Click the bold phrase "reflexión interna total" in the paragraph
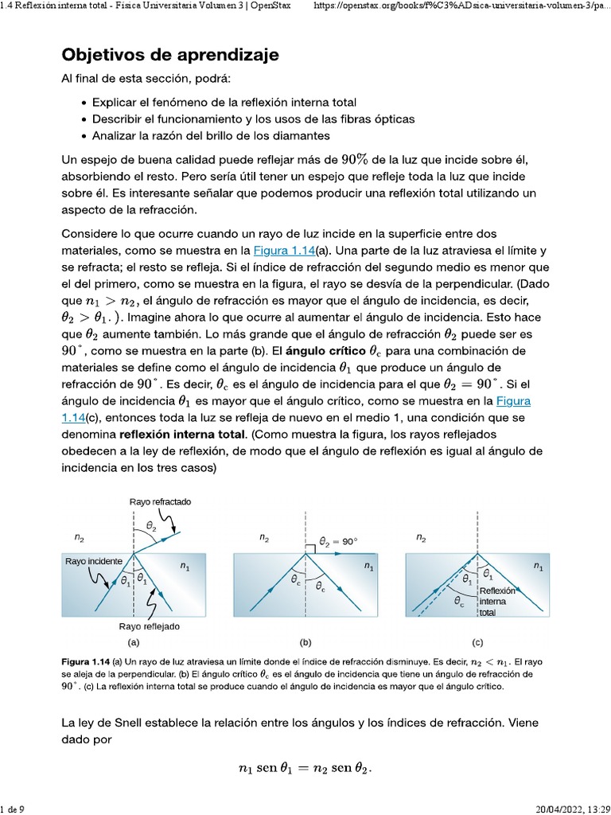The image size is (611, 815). [x=183, y=435]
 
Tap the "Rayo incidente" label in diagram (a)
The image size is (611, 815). [x=94, y=561]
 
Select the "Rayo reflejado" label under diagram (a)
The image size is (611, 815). [x=149, y=626]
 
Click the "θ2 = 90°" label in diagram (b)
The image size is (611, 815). [x=338, y=541]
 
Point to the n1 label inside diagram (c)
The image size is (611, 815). [x=539, y=567]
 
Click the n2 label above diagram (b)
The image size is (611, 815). [x=263, y=539]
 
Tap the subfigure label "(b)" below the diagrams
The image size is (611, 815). [x=305, y=642]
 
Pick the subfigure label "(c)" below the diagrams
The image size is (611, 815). [x=477, y=642]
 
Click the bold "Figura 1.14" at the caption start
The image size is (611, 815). [x=88, y=662]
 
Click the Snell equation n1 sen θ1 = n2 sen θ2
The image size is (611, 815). [x=305, y=768]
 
